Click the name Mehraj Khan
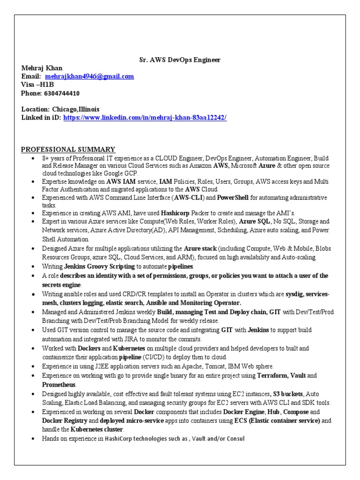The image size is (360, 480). pyautogui.click(x=41, y=68)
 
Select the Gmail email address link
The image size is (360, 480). pyautogui.click(x=90, y=76)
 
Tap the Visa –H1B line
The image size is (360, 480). pyautogui.click(x=37, y=85)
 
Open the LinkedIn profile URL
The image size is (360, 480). pyautogui.click(x=145, y=118)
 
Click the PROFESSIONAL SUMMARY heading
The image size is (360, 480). pyautogui.click(x=68, y=150)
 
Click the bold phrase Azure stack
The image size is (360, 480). pyautogui.click(x=200, y=249)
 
